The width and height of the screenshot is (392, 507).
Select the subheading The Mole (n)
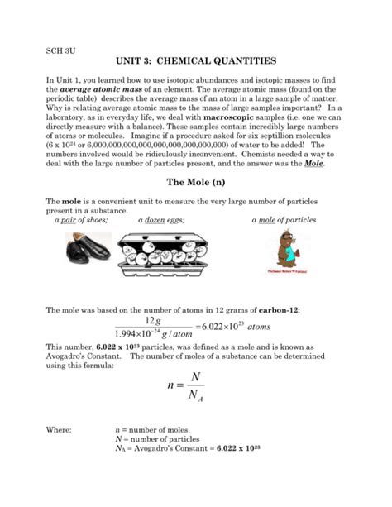click(x=195, y=184)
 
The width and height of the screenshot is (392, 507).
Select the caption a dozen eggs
click(x=160, y=220)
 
